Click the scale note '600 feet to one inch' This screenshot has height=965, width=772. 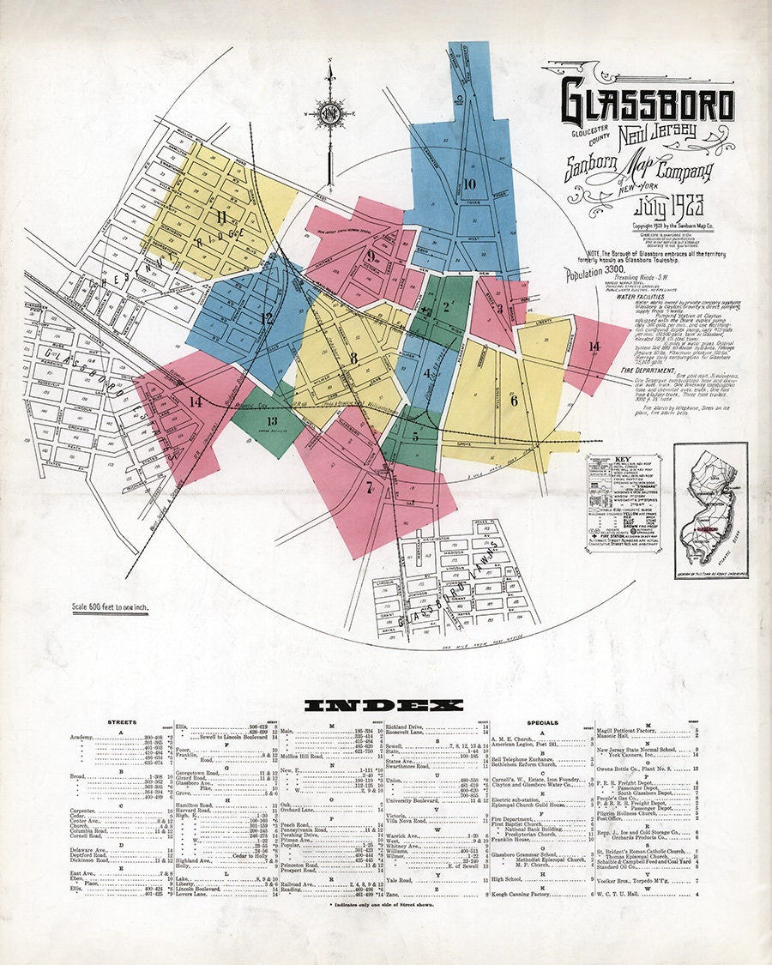pyautogui.click(x=111, y=607)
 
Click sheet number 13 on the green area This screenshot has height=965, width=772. pyautogui.click(x=273, y=420)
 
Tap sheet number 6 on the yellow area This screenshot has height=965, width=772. pyautogui.click(x=514, y=400)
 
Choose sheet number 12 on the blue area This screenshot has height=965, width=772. pyautogui.click(x=267, y=318)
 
